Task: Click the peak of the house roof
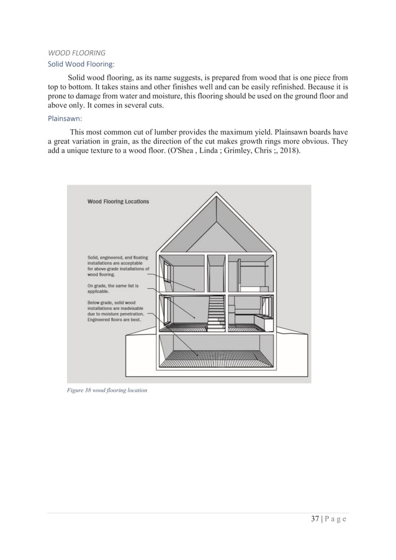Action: pyautogui.click(x=217, y=194)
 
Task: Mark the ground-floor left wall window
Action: pyautogui.click(x=168, y=309)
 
